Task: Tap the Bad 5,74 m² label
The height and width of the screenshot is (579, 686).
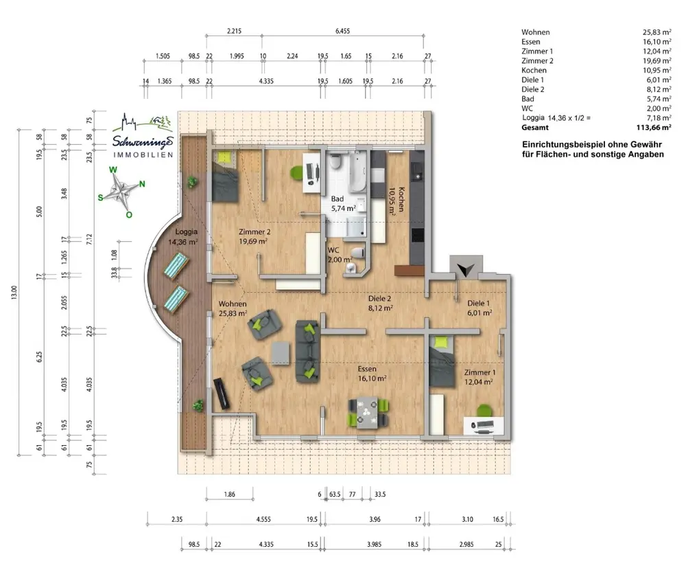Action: (x=343, y=204)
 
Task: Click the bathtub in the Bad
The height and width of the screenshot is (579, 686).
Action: (x=357, y=171)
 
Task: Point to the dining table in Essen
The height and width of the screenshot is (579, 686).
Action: (x=368, y=413)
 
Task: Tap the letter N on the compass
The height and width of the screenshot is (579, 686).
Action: (x=142, y=184)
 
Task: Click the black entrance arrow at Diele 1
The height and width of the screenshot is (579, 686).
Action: (x=466, y=269)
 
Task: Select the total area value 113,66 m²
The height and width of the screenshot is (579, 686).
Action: (x=654, y=128)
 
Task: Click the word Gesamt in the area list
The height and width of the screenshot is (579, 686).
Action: (x=534, y=128)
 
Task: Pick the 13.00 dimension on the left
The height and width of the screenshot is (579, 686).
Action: (x=14, y=292)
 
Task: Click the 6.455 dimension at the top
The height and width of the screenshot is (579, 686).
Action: (x=342, y=31)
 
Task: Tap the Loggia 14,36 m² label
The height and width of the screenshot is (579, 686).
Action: (x=184, y=236)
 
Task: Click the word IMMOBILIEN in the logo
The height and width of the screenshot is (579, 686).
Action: (x=143, y=155)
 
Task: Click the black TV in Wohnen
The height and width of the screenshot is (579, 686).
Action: (x=222, y=394)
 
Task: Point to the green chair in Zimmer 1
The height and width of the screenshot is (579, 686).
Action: (x=484, y=411)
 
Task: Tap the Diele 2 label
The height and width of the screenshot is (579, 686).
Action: (x=380, y=303)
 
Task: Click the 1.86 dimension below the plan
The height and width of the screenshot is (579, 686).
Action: (x=229, y=495)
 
